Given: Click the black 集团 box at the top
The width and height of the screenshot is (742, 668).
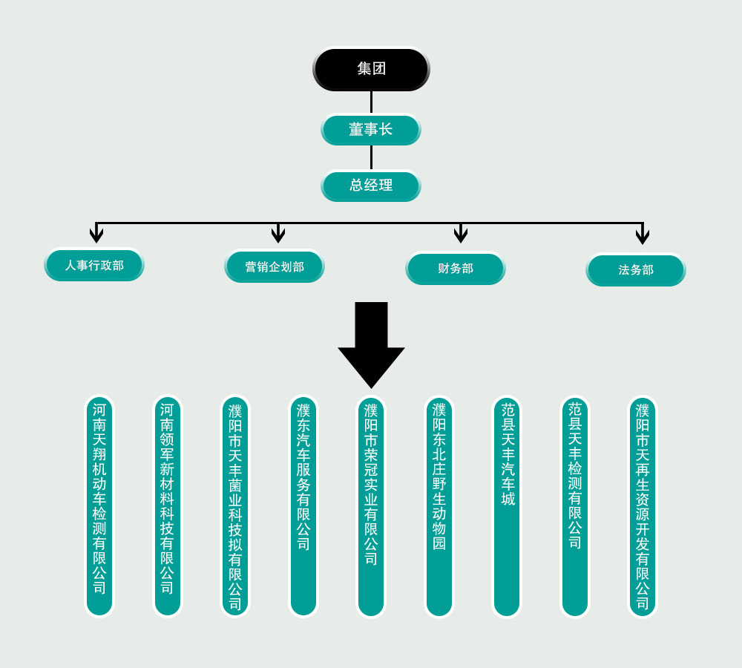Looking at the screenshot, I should [x=371, y=69].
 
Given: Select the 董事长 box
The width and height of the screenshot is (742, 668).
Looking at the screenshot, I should [x=371, y=129].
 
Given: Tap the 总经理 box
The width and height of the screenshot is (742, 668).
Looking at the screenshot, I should [x=371, y=186].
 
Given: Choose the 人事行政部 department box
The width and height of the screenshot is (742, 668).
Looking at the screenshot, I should [x=94, y=265].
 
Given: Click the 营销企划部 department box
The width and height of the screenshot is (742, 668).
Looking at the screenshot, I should [x=275, y=266].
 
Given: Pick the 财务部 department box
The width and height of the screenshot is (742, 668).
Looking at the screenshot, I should [x=456, y=268].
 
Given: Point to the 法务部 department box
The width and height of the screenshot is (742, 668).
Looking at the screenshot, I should [x=636, y=269].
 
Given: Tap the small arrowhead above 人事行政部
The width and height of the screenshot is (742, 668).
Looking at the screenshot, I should [x=96, y=235].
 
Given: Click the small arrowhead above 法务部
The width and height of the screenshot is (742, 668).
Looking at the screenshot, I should [x=643, y=236].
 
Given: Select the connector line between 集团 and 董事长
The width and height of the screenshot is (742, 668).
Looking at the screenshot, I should [x=371, y=102].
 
